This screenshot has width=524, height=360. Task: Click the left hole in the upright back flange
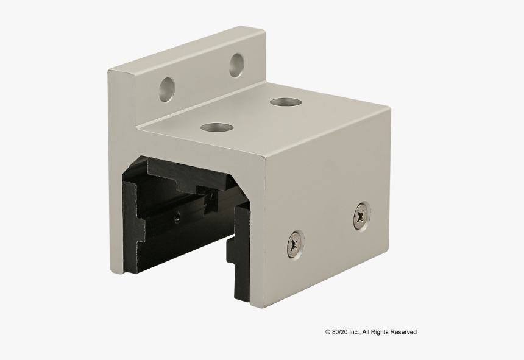point(166,88)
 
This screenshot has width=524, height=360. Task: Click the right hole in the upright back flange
point(236,65)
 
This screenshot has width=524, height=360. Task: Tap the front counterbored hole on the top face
point(217,127)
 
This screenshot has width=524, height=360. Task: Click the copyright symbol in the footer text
point(328,332)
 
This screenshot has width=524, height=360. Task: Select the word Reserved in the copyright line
point(404,332)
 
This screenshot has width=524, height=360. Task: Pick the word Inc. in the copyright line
point(356,332)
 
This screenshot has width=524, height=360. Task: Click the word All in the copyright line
point(367,332)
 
